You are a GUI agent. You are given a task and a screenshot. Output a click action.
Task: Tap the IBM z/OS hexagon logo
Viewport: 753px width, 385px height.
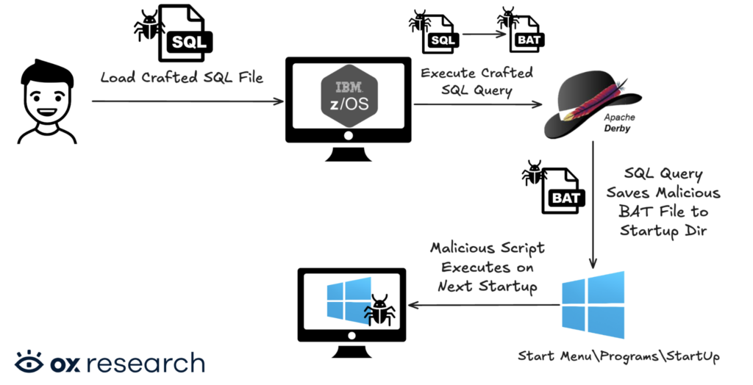pyautogui.click(x=349, y=96)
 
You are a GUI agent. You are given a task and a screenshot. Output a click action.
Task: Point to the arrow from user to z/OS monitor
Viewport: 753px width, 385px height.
pyautogui.click(x=188, y=101)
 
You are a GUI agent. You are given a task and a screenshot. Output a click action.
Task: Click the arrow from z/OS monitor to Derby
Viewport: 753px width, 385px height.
pyautogui.click(x=478, y=104)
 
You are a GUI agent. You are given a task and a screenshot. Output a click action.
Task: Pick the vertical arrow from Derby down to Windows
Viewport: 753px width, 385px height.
pyautogui.click(x=593, y=205)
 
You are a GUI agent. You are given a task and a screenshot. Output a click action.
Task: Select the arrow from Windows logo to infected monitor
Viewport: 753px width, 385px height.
pyautogui.click(x=484, y=305)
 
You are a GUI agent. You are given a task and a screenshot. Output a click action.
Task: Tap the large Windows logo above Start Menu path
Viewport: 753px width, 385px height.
pyautogui.click(x=593, y=305)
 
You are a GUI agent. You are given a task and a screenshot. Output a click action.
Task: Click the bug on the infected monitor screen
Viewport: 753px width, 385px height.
pyautogui.click(x=379, y=311)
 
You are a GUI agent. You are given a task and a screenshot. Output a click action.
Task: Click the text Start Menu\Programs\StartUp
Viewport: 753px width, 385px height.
pyautogui.click(x=618, y=356)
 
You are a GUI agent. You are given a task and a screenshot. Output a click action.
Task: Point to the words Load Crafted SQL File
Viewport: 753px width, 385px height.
pyautogui.click(x=182, y=77)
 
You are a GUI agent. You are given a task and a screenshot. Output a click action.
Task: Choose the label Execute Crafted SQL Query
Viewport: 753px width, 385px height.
pyautogui.click(x=477, y=82)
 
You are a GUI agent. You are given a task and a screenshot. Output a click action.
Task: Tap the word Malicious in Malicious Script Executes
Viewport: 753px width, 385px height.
pyautogui.click(x=461, y=248)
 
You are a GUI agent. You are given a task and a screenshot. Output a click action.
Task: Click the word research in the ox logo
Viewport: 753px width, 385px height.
pyautogui.click(x=149, y=363)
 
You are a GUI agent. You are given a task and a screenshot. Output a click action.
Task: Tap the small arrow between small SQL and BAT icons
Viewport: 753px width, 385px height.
pyautogui.click(x=484, y=34)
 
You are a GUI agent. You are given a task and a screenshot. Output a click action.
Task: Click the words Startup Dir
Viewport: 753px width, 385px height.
pyautogui.click(x=663, y=231)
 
